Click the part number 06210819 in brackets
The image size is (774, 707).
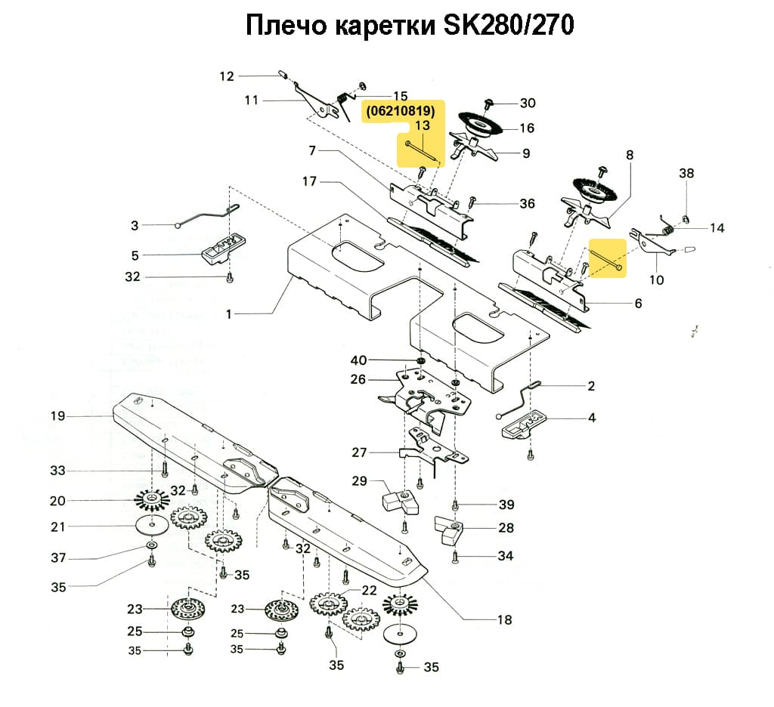(x=401, y=111)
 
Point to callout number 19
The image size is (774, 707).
(x=58, y=415)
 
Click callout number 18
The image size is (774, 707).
(x=504, y=620)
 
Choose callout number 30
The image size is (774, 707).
(x=527, y=103)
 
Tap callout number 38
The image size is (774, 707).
(x=686, y=173)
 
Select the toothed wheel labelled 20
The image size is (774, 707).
(x=152, y=500)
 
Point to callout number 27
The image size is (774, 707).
(x=359, y=453)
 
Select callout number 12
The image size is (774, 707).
(x=228, y=76)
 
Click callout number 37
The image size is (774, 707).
(x=58, y=558)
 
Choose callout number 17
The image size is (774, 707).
(x=308, y=182)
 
